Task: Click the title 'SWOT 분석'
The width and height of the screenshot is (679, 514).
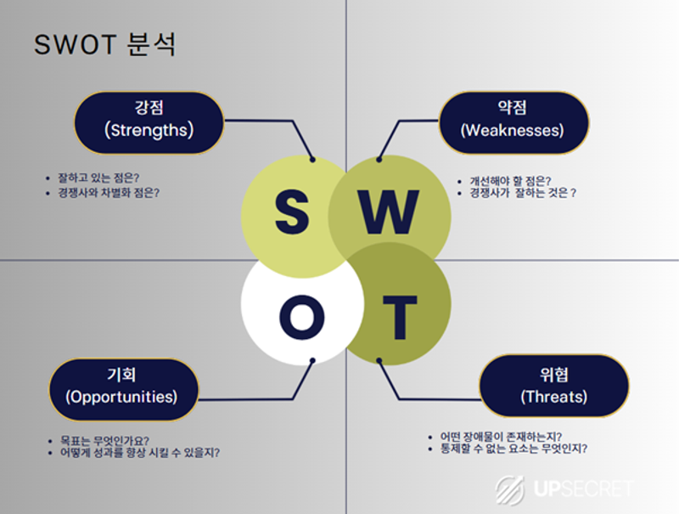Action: (104, 44)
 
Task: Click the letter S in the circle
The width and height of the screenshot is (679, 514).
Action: (291, 213)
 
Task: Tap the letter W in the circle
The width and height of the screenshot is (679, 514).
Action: (388, 213)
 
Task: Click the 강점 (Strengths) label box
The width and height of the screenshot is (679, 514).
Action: (149, 121)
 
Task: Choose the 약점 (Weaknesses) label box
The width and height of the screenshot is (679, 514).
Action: (512, 121)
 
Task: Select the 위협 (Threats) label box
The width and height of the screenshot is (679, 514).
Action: (553, 387)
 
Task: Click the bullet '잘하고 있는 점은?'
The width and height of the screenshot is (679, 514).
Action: (98, 178)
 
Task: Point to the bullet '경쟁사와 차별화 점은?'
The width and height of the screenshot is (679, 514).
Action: (109, 193)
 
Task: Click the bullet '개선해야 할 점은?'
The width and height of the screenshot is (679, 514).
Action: (510, 180)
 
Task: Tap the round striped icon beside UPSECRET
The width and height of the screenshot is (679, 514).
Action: (511, 490)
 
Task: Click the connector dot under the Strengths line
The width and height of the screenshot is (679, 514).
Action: (313, 159)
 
